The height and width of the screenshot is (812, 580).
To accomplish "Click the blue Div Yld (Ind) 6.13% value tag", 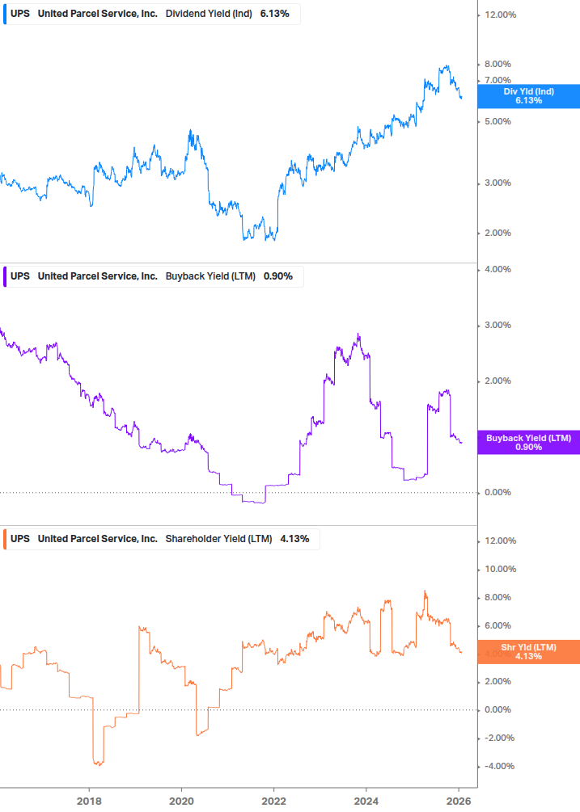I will [x=528, y=96].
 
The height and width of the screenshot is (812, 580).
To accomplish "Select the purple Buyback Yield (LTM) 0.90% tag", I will [x=528, y=443].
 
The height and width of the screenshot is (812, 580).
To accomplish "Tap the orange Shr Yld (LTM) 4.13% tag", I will [x=528, y=652].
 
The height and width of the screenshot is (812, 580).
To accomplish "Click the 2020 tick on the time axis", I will [x=181, y=799].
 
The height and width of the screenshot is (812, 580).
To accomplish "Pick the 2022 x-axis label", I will [x=274, y=799].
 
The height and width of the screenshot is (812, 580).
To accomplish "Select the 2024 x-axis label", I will [x=366, y=799].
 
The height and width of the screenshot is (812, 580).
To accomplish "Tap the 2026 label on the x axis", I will [x=459, y=799].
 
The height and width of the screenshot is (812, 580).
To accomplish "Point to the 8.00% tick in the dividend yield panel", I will [x=497, y=65].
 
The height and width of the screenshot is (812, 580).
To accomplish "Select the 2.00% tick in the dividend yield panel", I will [x=497, y=234].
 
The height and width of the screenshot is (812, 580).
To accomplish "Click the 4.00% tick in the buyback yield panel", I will [x=497, y=269].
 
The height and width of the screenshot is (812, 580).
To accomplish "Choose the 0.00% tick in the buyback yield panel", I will [x=497, y=493].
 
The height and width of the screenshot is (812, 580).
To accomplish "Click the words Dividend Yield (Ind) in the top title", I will [x=209, y=15].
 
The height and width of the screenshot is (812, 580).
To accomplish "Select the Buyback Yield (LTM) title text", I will [x=210, y=276].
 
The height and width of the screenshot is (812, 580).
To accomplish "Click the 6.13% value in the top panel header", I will [x=275, y=15].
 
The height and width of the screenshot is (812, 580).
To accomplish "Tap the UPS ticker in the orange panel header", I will [x=20, y=539].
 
